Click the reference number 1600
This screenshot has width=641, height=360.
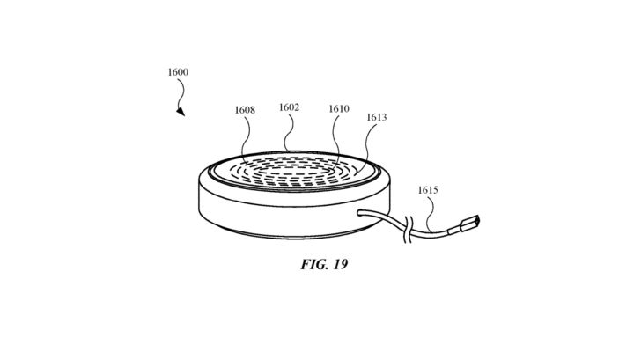point(178,72)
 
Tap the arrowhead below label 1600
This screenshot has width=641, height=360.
point(181,112)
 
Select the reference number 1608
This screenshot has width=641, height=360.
point(245,110)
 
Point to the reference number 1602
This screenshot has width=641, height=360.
point(289,107)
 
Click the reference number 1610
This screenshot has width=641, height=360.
point(339,108)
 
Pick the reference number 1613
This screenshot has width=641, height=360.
point(376,118)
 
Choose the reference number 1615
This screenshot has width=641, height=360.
point(428,190)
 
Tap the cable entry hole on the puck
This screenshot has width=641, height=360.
point(360,212)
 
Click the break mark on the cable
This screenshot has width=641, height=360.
point(407,231)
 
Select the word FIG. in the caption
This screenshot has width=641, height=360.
point(314,264)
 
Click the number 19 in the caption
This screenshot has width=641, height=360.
point(340,264)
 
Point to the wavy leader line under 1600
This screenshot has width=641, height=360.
point(181,92)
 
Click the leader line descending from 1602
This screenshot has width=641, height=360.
point(288,132)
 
